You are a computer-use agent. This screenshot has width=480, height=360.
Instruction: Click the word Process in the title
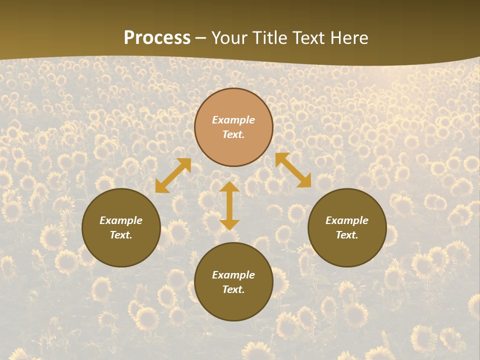[157, 38]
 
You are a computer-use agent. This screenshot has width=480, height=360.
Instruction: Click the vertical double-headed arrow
[229, 205]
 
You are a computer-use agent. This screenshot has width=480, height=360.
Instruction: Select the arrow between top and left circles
[173, 175]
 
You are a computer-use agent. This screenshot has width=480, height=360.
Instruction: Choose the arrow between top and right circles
[293, 170]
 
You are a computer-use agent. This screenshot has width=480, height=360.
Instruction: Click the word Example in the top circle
[233, 120]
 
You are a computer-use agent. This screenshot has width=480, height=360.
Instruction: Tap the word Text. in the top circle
[233, 134]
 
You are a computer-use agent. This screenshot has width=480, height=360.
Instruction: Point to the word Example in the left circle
[121, 220]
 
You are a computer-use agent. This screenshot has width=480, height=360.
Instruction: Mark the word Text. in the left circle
[121, 235]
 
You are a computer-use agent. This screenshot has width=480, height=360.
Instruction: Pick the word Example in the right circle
[347, 220]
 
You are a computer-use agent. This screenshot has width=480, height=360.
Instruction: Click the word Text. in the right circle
[347, 235]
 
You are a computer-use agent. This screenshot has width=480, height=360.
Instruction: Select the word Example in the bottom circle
[233, 275]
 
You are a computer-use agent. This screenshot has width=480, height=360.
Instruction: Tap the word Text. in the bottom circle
[233, 289]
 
